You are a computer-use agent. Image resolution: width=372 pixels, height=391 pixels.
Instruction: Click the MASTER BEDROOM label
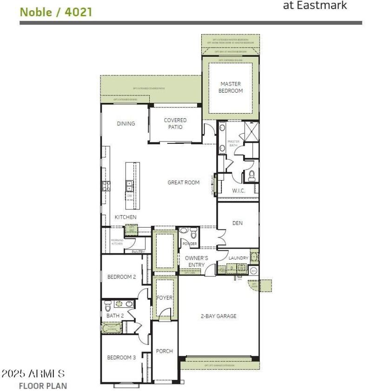(x=231, y=88)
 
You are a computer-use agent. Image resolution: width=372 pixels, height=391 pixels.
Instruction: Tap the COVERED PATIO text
(x=175, y=123)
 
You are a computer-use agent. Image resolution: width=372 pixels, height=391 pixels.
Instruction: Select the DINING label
(x=126, y=123)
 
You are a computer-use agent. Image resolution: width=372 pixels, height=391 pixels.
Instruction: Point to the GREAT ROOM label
(x=183, y=182)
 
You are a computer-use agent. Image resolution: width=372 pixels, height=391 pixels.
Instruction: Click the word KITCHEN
(x=126, y=217)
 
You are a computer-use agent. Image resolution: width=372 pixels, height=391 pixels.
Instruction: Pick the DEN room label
(x=237, y=223)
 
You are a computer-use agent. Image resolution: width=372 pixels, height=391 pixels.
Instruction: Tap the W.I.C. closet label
(x=238, y=191)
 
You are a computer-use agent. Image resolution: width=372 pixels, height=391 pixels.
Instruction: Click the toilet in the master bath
(x=252, y=175)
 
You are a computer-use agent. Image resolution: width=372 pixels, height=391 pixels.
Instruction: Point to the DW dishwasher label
(x=129, y=196)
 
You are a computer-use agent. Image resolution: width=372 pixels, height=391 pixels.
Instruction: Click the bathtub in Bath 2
(x=112, y=328)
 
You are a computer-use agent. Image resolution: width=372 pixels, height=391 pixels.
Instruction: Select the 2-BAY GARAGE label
(x=219, y=316)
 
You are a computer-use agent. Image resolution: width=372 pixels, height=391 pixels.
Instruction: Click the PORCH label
(x=165, y=351)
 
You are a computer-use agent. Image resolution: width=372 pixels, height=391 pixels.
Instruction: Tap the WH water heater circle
(x=253, y=270)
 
